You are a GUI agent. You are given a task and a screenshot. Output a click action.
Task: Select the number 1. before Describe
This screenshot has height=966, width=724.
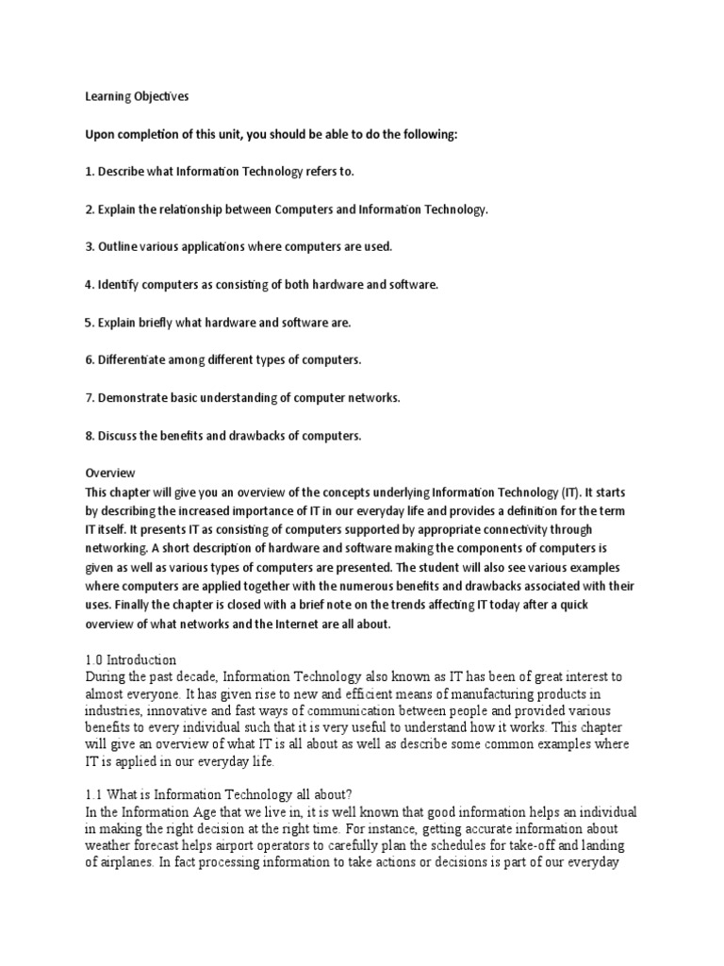(x=90, y=172)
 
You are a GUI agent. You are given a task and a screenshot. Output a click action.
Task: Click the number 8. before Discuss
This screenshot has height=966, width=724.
(x=90, y=436)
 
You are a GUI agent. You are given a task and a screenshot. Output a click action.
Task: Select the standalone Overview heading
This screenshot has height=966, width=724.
(x=110, y=473)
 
